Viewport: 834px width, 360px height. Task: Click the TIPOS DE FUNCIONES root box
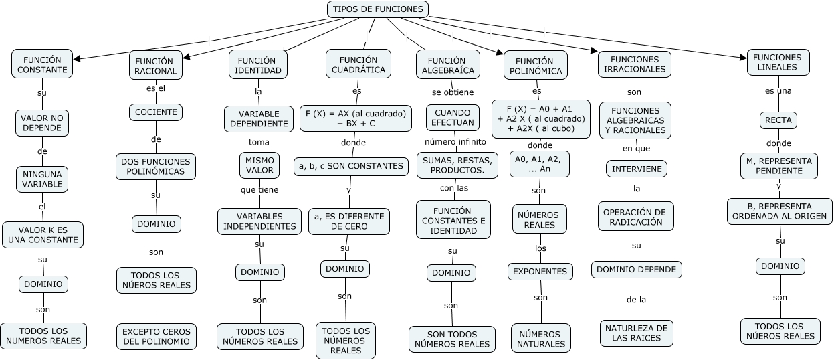point(378,9)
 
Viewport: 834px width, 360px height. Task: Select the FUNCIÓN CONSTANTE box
point(42,64)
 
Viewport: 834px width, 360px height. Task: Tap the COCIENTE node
point(156,112)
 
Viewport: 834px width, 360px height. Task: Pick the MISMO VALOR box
point(259,165)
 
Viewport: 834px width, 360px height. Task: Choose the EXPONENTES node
point(540,272)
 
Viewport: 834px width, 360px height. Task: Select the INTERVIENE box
point(637,169)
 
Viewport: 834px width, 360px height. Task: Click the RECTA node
point(778,120)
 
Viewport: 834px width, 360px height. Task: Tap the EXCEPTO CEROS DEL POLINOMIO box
point(157,337)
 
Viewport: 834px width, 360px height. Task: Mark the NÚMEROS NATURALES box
point(541,339)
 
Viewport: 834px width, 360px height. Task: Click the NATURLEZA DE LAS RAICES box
point(636,333)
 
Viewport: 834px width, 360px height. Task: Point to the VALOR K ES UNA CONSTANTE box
point(43,234)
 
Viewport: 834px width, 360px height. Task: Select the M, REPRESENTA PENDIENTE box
point(778,166)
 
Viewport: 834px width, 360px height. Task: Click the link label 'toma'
point(259,142)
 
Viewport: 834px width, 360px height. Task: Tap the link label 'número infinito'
point(455,142)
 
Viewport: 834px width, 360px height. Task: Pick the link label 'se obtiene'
point(452,92)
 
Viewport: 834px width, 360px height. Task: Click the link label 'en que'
point(636,148)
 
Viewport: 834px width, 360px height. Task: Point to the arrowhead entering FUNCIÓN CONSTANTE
point(76,59)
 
